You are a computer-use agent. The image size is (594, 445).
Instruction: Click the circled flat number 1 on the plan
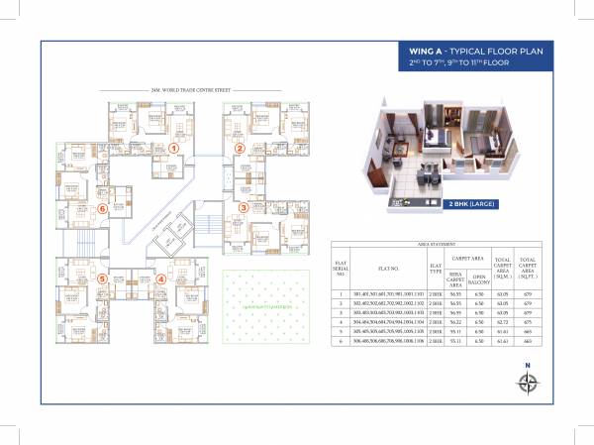[173, 149]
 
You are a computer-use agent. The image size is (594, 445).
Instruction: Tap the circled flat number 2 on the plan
[240, 150]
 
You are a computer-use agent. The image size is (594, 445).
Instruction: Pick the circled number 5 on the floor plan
[102, 279]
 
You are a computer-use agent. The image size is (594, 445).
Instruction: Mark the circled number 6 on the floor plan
[101, 209]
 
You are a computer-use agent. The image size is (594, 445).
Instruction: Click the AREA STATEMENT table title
[437, 243]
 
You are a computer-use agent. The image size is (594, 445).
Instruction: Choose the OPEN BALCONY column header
[479, 278]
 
